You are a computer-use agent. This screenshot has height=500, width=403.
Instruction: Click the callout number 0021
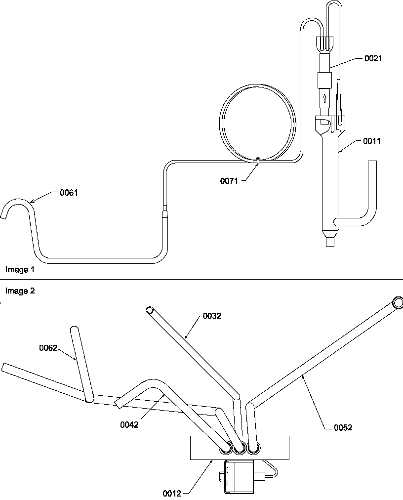(373, 58)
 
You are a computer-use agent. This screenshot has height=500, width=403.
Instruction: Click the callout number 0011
(372, 141)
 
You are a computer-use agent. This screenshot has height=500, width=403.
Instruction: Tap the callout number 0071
(229, 181)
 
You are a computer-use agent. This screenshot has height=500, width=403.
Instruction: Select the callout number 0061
(69, 193)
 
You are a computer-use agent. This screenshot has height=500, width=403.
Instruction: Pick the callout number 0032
(212, 316)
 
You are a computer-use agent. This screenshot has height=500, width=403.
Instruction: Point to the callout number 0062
(48, 348)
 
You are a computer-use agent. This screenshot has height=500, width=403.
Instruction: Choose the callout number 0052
(343, 427)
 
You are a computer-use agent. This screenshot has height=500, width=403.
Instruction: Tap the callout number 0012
(171, 493)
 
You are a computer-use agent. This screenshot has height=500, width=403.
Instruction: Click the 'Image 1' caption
(20, 270)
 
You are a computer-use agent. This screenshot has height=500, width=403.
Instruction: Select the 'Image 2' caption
(20, 291)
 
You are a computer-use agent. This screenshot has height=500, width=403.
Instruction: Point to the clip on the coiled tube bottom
(258, 160)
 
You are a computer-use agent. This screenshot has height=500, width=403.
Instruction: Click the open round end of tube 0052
(398, 302)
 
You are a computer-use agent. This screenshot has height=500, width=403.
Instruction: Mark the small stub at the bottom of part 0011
(330, 243)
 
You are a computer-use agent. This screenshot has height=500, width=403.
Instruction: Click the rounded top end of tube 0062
(74, 330)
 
